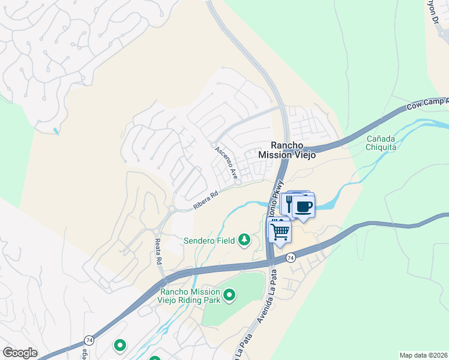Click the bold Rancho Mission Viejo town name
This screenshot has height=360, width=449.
pos(286,150)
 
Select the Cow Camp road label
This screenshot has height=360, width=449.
pos(427,104)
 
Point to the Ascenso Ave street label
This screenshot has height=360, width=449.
pos(226,163)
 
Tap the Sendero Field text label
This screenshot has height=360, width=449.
pos(209,241)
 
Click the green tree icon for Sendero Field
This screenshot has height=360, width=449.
pos(244,240)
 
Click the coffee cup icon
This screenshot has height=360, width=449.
pos(304,207)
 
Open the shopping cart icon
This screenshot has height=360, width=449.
pos(280,230)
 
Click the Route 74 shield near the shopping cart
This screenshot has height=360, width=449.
pos(291,257)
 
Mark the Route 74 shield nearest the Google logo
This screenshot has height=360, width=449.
pos(89,339)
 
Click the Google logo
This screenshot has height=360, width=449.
pos(19,353)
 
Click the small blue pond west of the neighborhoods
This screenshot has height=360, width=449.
pos(56,130)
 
